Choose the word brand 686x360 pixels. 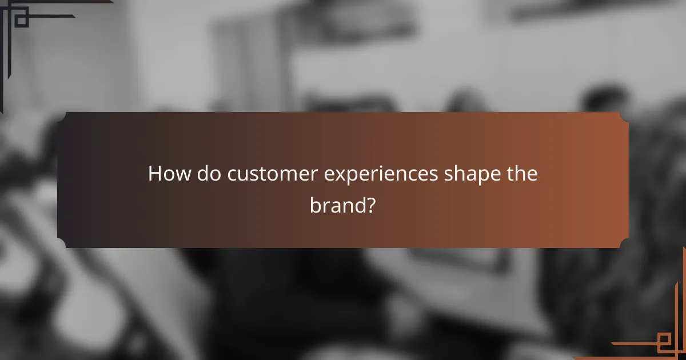pos(336,205)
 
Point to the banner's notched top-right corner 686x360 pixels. pos(624,117)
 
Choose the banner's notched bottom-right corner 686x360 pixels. pos(624,243)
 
